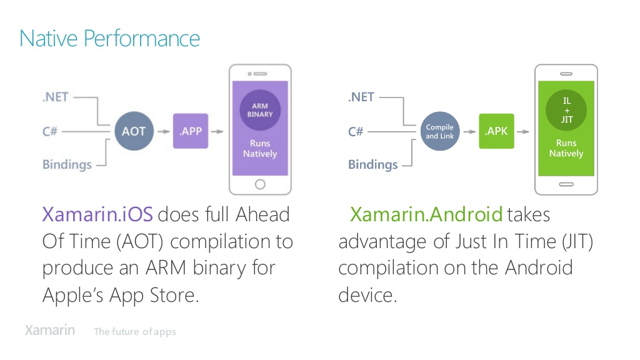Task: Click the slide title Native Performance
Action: tap(110, 39)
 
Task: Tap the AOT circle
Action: tap(133, 132)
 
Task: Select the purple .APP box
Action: tap(190, 132)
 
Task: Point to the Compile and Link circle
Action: tap(440, 132)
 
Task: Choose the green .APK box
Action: tap(496, 131)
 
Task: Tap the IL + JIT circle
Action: tap(566, 111)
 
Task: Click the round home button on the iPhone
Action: tap(260, 184)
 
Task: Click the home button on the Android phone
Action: tap(566, 184)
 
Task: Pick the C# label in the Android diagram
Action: tap(356, 132)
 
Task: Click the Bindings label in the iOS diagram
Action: tap(67, 165)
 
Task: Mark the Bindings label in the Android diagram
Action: tap(372, 165)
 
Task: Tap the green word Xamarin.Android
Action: tap(426, 215)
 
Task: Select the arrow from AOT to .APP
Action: tap(162, 132)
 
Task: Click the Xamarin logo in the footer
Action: tap(50, 331)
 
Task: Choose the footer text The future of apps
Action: tap(135, 332)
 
